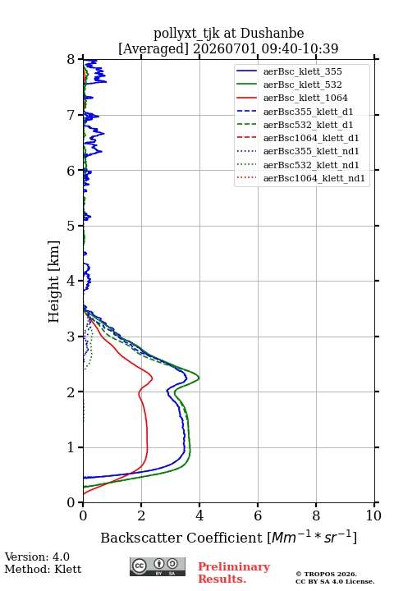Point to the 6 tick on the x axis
258,502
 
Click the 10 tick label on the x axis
373,515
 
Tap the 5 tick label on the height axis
71,227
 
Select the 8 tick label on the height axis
71,60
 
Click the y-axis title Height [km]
54,282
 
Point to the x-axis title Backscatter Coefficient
181,538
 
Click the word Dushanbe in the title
273,34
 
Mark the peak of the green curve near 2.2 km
199,378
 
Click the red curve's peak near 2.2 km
153,378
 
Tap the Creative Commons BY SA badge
158,566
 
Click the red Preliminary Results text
234,573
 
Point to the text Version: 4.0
37,557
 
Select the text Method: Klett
43,569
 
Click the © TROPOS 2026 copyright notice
327,574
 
